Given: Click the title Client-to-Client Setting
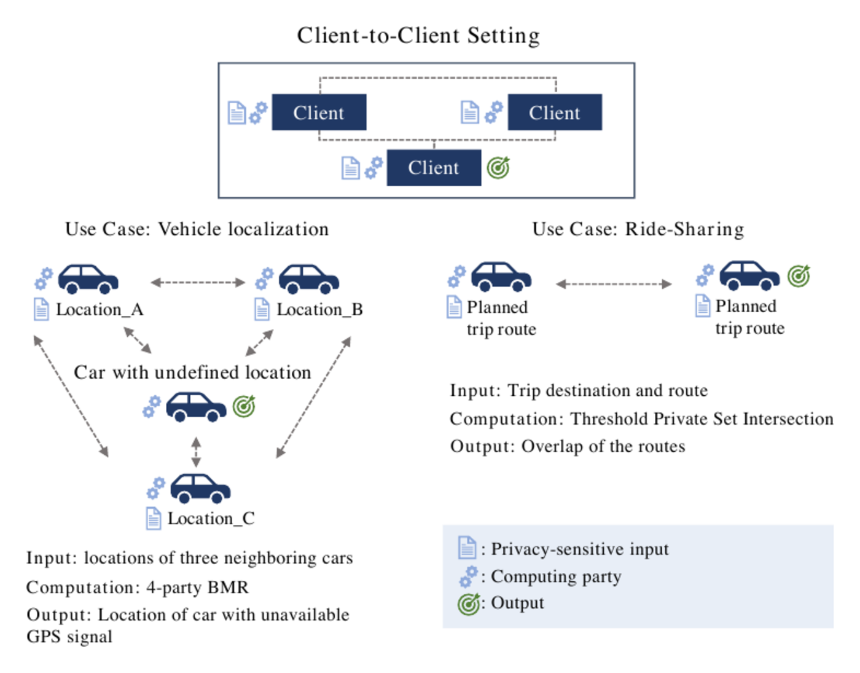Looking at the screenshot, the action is pos(418,36).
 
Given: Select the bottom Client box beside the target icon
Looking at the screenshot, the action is pos(434,167).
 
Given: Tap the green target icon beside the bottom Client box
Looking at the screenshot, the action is pos(498,168).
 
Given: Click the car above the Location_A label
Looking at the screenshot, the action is pos(88,279).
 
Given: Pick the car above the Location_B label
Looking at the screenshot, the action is pos(309,279).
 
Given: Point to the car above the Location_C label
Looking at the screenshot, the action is pos(201,488).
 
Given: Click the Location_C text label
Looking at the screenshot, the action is pos(211,519).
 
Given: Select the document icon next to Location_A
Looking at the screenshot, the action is pos(42,309).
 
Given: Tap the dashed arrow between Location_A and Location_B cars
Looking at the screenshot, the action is pos(198,282).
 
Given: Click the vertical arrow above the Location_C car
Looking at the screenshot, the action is pos(197,452).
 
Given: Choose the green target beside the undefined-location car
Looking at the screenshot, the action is pos(244,406).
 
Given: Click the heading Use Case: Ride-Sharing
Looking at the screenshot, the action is pos(638,229).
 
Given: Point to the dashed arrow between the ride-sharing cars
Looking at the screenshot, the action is pos(614,284).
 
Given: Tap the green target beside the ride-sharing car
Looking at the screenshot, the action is pos(799,275).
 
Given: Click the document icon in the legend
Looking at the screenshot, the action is pos(467,548).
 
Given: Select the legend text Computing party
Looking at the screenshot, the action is pos(556,577).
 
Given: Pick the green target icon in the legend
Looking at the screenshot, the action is pos(469,604).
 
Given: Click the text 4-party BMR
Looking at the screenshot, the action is pos(197,588).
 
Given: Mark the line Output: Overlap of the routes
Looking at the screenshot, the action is pos(568,446).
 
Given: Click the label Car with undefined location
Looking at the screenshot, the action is pos(193,372).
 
